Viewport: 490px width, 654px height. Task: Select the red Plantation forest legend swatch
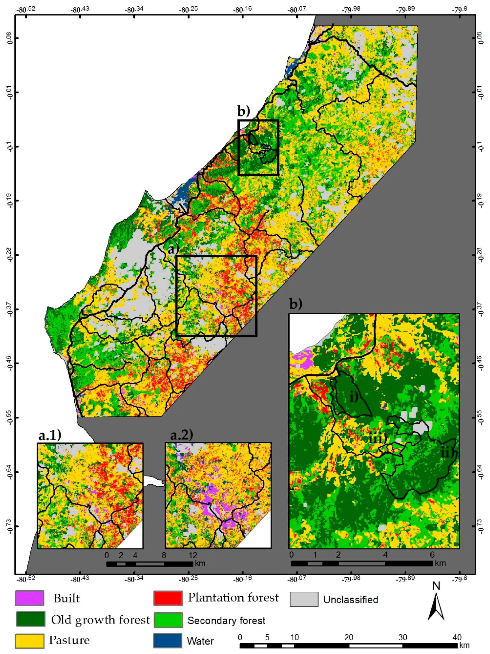pos(168,598)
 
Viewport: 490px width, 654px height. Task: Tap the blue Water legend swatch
pos(168,640)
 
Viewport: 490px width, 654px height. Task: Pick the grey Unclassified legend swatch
pos(304,599)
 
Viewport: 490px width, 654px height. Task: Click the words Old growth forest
pos(100,619)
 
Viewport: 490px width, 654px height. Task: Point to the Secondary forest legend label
pos(226,620)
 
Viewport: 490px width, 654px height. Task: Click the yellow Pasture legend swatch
pos(30,640)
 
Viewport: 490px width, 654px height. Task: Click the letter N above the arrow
pos(436,586)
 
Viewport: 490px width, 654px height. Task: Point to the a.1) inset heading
pos(50,435)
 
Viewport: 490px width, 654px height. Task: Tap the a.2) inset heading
pos(182,435)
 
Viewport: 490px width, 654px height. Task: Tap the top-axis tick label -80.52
pos(27,9)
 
